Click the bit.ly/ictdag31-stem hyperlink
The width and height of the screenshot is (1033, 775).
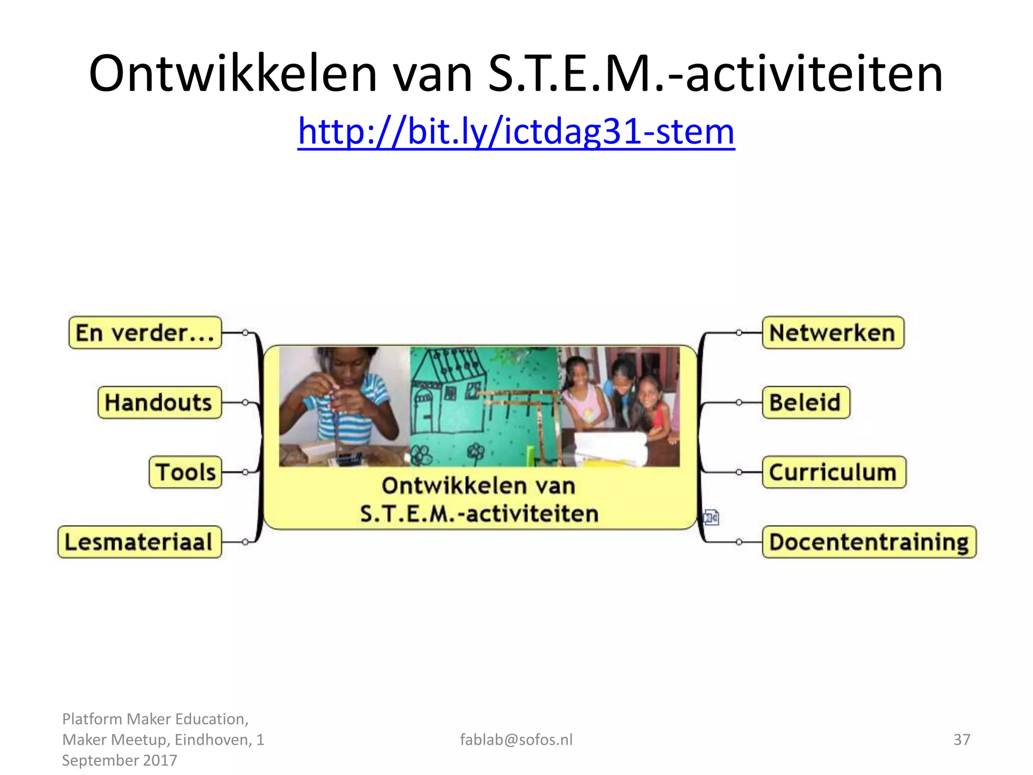point(516,131)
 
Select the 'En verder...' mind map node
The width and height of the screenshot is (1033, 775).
point(145,333)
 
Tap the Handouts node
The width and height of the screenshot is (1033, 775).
point(159,403)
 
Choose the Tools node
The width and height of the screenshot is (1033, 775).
point(186,472)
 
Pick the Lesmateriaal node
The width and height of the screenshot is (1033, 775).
point(140,542)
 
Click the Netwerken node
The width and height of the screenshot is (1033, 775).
point(833,333)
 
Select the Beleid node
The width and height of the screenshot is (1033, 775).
point(806,403)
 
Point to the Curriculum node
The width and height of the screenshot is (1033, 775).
point(834,472)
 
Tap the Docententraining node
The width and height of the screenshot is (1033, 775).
point(869,542)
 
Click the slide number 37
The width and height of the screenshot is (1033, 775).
point(961,740)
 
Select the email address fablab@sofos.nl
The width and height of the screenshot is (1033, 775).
point(516,740)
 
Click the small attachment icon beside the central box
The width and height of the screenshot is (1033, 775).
point(711,517)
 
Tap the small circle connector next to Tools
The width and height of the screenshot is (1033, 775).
point(245,472)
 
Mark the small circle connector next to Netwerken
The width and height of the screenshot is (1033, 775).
point(739,333)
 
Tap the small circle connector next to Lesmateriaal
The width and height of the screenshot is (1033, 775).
point(245,542)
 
